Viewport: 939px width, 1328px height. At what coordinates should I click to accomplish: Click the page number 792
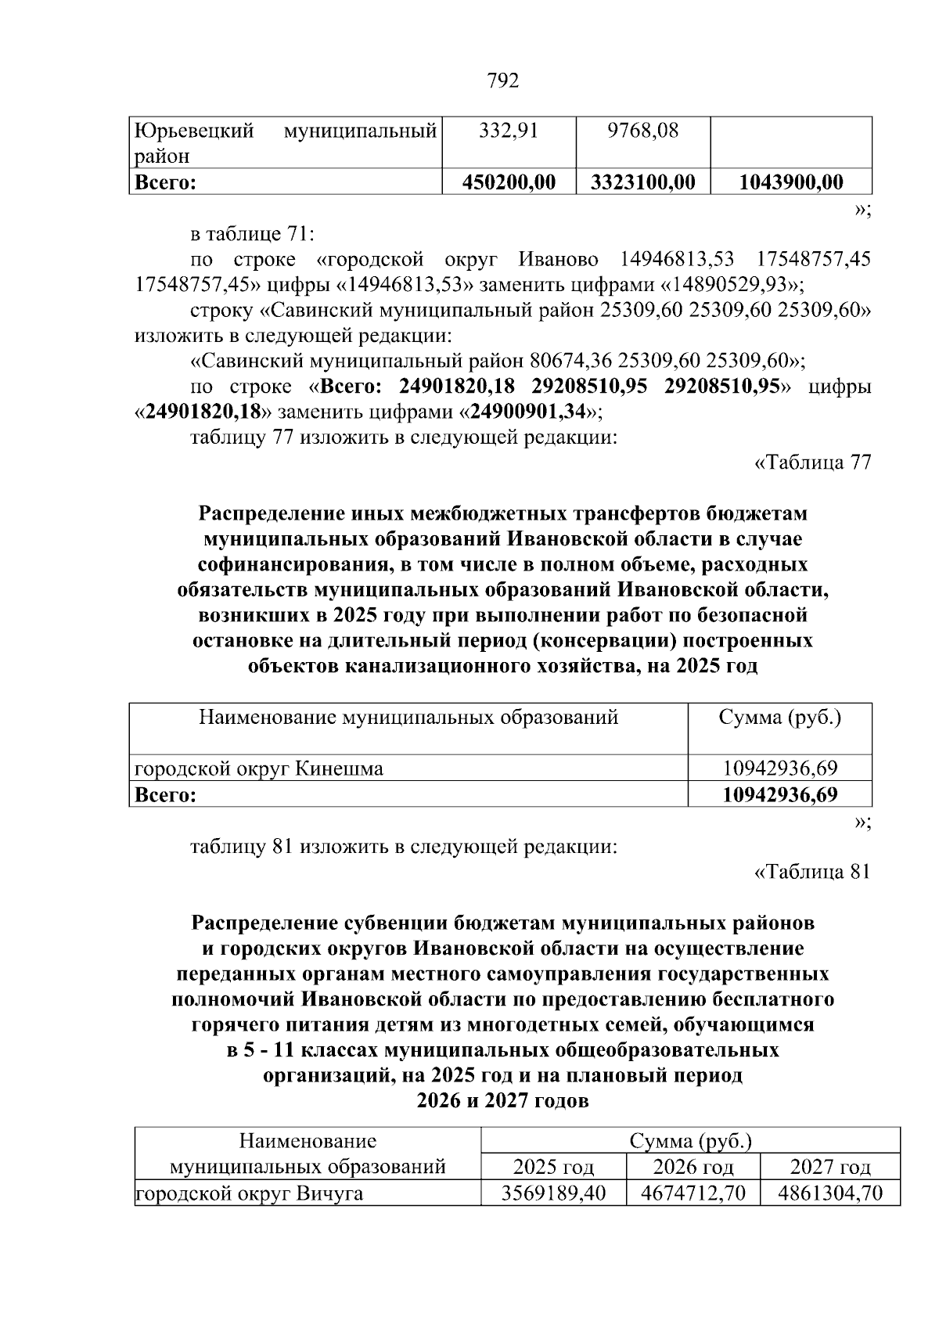click(x=503, y=81)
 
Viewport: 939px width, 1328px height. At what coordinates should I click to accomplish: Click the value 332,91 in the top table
click(x=509, y=131)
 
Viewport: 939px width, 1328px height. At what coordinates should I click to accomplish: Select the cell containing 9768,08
click(x=642, y=131)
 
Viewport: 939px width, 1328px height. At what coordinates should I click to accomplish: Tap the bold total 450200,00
click(x=509, y=182)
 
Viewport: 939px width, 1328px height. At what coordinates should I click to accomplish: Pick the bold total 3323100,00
click(x=642, y=182)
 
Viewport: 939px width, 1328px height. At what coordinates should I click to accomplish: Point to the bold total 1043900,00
click(x=791, y=182)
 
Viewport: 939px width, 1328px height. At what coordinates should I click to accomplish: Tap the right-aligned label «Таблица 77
click(x=812, y=462)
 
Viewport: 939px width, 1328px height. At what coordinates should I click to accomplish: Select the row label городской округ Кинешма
click(x=259, y=768)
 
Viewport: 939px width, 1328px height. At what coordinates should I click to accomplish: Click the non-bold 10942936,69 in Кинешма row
click(x=779, y=768)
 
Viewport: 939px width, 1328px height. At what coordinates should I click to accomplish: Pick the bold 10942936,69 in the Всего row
click(x=779, y=795)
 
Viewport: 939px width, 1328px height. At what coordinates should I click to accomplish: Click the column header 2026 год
click(x=693, y=1168)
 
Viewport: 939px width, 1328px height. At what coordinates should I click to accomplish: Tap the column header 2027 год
click(x=829, y=1168)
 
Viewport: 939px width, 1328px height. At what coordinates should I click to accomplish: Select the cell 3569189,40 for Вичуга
click(x=553, y=1193)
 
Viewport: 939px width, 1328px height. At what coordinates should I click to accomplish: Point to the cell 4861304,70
click(x=829, y=1193)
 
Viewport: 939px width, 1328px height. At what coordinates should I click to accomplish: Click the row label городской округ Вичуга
click(x=249, y=1194)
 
